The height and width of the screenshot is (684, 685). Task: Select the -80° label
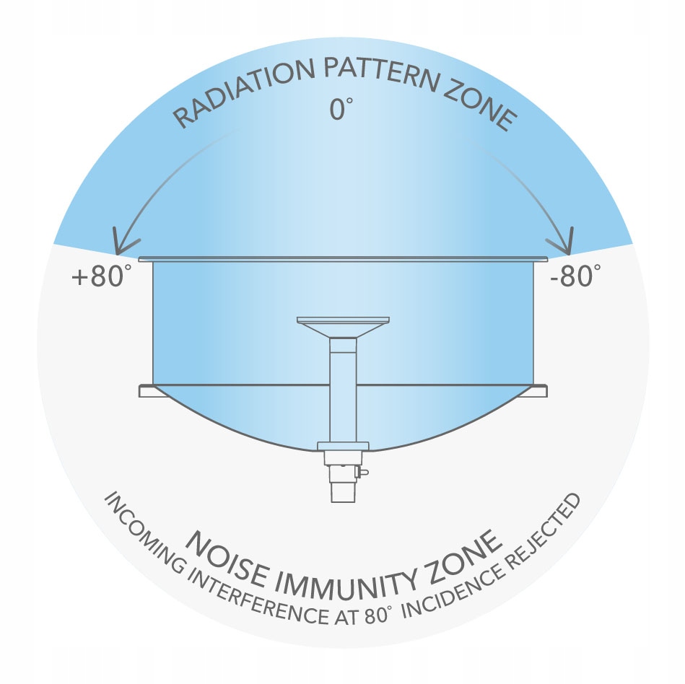point(575,276)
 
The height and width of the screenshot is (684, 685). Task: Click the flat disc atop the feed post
point(343,320)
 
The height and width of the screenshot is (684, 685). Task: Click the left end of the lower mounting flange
point(145,390)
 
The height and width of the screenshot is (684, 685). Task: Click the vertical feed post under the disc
point(343,390)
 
